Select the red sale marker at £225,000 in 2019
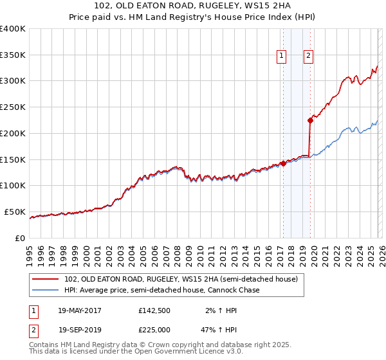[x=310, y=120]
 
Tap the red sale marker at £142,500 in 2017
[x=283, y=163]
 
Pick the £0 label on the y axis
[x=19, y=238]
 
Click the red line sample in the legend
[x=46, y=280]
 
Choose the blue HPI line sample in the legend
[x=46, y=291]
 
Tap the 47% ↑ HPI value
[x=220, y=328]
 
